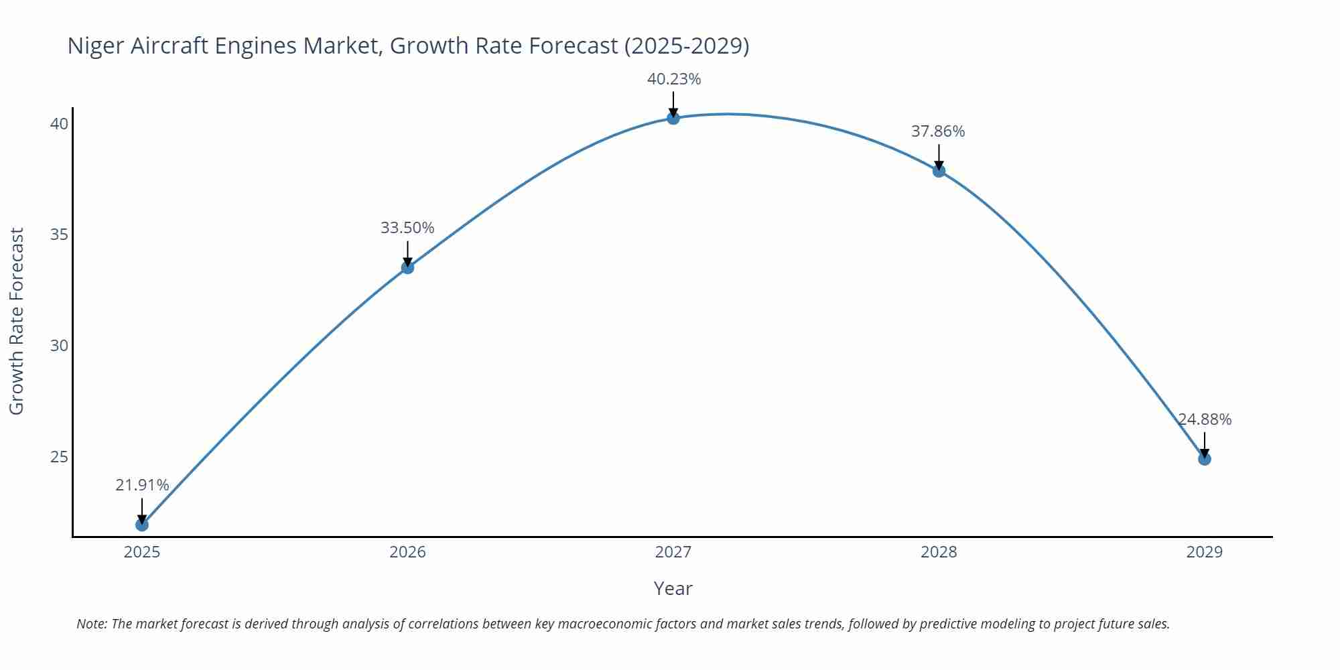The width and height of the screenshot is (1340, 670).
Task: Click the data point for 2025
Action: tap(142, 525)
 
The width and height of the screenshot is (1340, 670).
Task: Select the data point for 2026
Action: tap(407, 267)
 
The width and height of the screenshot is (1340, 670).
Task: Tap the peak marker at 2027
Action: tap(673, 118)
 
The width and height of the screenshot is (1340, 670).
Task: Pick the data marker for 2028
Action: tap(939, 171)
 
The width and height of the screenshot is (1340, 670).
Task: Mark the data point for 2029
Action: tap(1204, 459)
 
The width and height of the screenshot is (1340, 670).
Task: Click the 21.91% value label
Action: tap(142, 485)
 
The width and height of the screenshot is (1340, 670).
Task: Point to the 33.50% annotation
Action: tap(407, 228)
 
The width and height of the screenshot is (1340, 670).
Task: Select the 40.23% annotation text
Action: tap(673, 79)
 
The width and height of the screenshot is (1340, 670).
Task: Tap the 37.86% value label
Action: tap(937, 131)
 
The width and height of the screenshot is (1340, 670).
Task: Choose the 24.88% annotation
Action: tap(1205, 419)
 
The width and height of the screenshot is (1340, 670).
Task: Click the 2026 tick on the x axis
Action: tap(407, 552)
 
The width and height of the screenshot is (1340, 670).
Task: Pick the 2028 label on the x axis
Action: tap(939, 552)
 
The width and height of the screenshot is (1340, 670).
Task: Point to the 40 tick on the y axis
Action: tap(60, 124)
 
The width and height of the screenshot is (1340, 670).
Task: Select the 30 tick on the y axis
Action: tap(60, 346)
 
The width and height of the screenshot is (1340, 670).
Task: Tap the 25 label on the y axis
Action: tap(60, 457)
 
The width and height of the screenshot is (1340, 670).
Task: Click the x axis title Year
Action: tap(673, 588)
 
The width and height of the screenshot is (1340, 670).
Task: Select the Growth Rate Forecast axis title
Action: tap(17, 321)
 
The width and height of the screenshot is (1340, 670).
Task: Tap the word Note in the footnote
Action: tap(91, 624)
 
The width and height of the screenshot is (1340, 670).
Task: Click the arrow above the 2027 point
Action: tap(673, 105)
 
